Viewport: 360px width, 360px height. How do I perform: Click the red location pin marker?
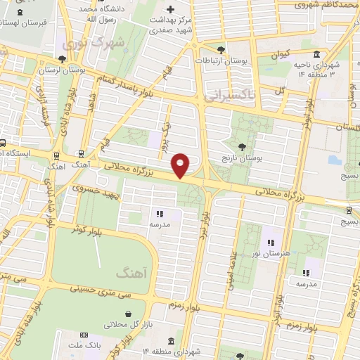[x=181, y=165]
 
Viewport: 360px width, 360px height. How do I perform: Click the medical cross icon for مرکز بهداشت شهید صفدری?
[x=169, y=8]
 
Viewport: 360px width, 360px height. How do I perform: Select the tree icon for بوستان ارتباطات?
[x=221, y=49]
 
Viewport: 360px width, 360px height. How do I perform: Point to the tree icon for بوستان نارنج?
[x=243, y=147]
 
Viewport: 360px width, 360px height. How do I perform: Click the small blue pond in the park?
[x=333, y=159]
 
